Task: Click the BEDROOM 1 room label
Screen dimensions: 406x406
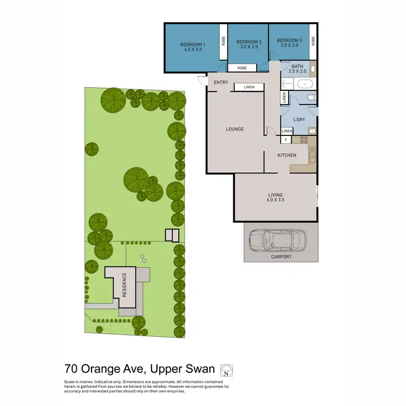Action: coord(193,44)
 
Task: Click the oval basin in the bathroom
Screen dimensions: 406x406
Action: coord(313,70)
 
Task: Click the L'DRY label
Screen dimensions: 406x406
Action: coord(299,120)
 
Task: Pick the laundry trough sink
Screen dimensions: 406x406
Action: coord(312,131)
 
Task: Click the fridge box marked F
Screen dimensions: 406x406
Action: coord(285,140)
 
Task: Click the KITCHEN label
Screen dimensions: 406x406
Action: coord(287,155)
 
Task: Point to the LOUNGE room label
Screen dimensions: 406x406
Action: coord(234,129)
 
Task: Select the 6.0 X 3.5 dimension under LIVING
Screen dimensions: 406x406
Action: coord(276,200)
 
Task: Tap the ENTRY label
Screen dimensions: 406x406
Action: coord(221,82)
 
